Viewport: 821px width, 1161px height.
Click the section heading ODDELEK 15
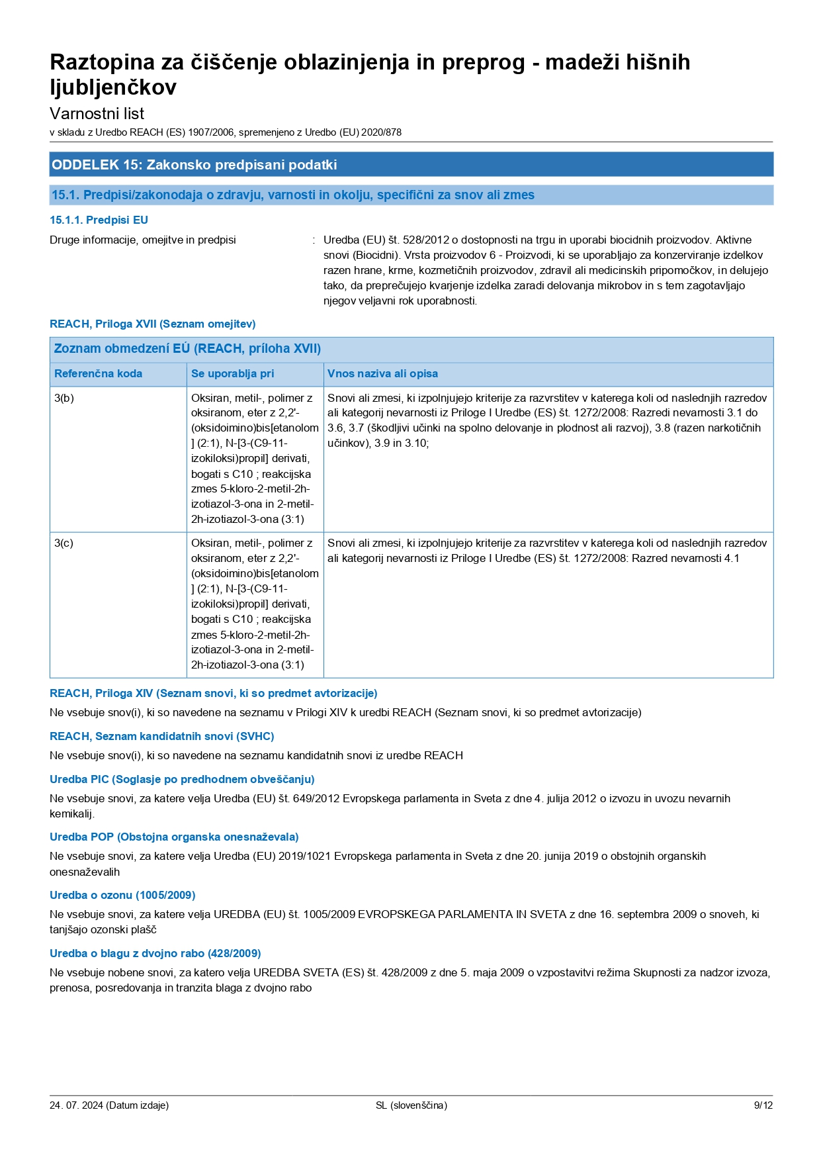click(x=194, y=165)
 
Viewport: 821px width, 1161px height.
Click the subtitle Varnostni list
click(x=97, y=113)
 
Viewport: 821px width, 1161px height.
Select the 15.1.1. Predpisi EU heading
click(x=99, y=220)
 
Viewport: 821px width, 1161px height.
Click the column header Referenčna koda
click(x=98, y=373)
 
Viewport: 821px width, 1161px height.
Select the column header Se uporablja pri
click(x=232, y=373)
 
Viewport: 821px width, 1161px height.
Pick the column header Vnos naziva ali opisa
click(x=382, y=373)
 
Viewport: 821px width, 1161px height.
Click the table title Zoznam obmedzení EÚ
click(x=187, y=348)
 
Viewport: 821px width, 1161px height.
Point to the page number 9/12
click(x=763, y=1105)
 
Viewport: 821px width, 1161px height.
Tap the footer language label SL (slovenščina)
click(x=411, y=1105)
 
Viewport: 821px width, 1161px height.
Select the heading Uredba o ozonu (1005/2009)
click(x=122, y=895)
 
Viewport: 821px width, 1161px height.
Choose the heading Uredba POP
click(x=174, y=837)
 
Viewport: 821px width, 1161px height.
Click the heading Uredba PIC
click(x=182, y=779)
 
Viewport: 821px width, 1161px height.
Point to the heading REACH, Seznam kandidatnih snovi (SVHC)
click(x=161, y=736)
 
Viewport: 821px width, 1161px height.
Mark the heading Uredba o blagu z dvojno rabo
click(x=155, y=953)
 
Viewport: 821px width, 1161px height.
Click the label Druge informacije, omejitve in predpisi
click(x=143, y=240)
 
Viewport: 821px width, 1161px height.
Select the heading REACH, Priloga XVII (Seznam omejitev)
click(x=152, y=324)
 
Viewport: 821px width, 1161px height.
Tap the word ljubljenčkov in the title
click(x=113, y=87)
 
